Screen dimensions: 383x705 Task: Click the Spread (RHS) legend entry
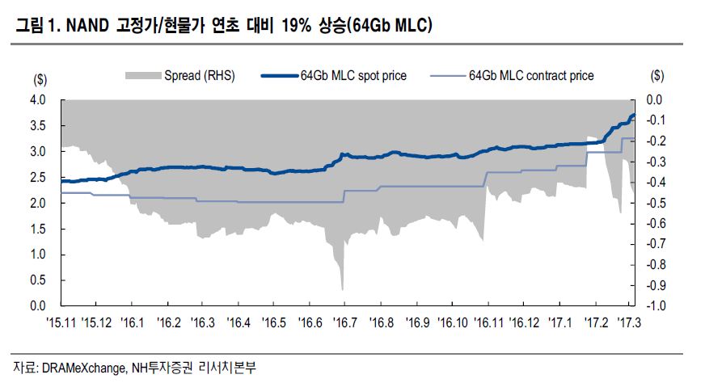[x=199, y=76]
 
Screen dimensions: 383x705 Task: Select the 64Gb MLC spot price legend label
[x=353, y=76]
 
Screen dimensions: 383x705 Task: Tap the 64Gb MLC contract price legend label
[x=530, y=76]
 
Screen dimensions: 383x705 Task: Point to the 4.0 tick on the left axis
[x=38, y=100]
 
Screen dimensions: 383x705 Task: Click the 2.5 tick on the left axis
[x=38, y=178]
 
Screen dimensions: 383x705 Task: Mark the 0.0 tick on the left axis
[x=38, y=306]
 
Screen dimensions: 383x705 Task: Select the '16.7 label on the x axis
[x=344, y=322]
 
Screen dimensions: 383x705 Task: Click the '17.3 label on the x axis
[x=628, y=322]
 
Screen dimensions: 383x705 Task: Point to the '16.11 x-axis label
[x=487, y=322]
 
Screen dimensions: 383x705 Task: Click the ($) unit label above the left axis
[x=40, y=78]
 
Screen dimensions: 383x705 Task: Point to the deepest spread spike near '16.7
[x=343, y=288]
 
